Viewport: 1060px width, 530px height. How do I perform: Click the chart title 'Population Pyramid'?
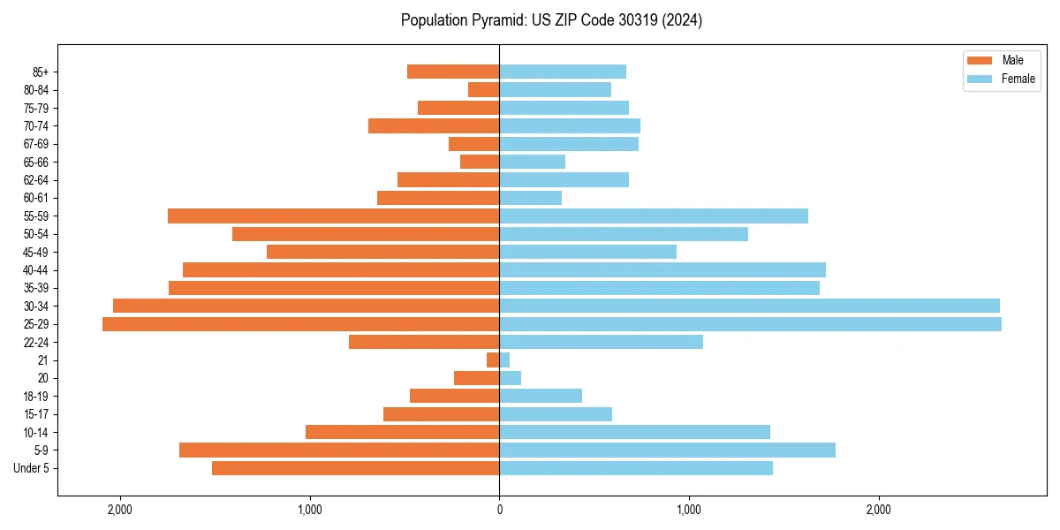click(551, 20)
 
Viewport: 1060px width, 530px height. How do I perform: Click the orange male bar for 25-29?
click(300, 324)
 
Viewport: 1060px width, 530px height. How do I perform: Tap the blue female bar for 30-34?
click(749, 306)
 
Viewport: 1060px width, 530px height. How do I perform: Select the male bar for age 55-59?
click(333, 216)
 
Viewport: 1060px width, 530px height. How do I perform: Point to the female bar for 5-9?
click(667, 450)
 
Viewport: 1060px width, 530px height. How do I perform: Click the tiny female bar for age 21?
click(504, 360)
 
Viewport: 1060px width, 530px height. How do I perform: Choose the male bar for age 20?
click(477, 378)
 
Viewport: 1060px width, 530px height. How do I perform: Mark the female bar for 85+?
click(563, 72)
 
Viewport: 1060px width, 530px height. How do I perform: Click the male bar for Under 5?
click(355, 468)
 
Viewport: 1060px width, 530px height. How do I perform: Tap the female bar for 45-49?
click(587, 252)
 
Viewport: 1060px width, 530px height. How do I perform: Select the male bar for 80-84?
click(484, 89)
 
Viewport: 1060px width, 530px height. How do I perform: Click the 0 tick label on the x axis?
click(499, 509)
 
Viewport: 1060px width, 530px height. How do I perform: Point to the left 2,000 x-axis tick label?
click(119, 509)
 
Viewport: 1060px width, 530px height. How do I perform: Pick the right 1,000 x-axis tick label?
click(689, 509)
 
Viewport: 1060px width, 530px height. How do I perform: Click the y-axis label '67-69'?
click(36, 144)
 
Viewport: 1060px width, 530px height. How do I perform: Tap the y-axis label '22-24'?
click(36, 343)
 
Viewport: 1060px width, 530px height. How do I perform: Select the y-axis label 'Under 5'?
click(32, 468)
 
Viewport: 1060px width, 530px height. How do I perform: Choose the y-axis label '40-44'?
click(36, 270)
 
